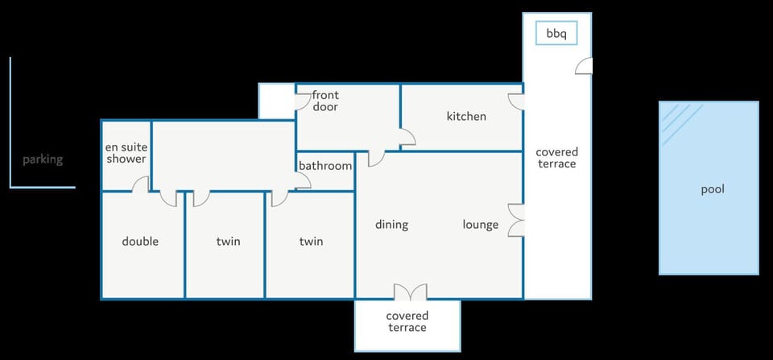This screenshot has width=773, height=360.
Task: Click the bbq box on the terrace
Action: click(x=556, y=34)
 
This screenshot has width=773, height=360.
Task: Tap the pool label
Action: click(x=713, y=190)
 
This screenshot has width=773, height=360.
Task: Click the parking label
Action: click(x=43, y=159)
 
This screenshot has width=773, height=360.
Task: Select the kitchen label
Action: click(x=466, y=117)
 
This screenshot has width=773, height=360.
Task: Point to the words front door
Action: click(x=324, y=101)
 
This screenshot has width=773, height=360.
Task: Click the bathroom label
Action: click(x=325, y=166)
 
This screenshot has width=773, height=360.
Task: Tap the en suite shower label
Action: click(x=126, y=153)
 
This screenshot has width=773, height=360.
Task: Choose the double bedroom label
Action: click(x=140, y=241)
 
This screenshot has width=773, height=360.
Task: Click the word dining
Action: click(x=392, y=225)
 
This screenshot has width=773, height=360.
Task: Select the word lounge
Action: click(x=481, y=225)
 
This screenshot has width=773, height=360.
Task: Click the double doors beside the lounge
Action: click(x=515, y=220)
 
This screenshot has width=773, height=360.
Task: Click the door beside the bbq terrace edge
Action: click(x=584, y=66)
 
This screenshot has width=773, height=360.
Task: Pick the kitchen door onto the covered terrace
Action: click(x=516, y=101)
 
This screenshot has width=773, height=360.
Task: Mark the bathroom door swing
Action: click(x=303, y=181)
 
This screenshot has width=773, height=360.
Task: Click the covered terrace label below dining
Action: click(x=407, y=321)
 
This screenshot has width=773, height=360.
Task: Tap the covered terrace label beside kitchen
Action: click(x=557, y=158)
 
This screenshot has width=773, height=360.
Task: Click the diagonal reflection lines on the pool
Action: click(x=681, y=123)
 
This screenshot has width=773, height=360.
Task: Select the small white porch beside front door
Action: click(x=276, y=101)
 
